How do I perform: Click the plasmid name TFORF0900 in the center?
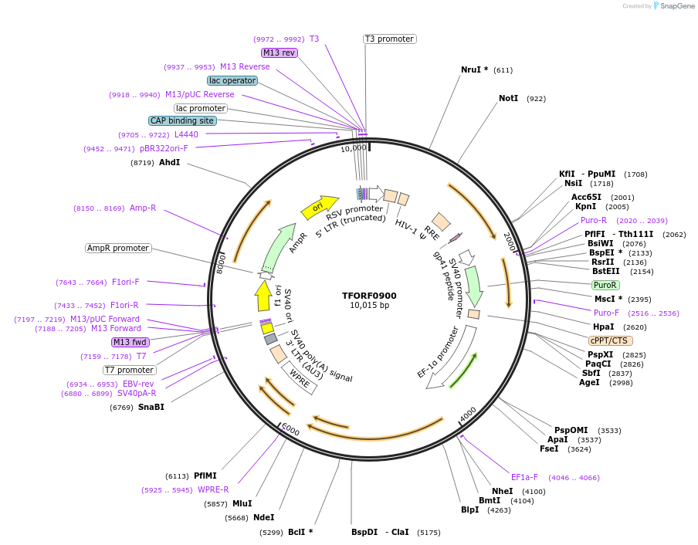point(369,296)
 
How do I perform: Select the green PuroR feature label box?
point(605,285)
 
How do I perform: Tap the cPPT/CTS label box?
point(610,340)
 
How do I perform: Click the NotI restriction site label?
point(509,99)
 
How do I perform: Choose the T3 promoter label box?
point(389,39)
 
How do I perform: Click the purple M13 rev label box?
point(279,52)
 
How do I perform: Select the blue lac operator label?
point(232,80)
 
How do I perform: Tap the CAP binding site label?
point(182,120)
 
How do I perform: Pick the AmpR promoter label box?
point(119,248)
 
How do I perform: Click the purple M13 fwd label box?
point(130,342)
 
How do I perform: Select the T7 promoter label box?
point(129,370)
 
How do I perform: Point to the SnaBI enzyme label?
point(151,407)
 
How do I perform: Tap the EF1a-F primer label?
point(524,477)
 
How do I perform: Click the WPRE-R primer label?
point(213,489)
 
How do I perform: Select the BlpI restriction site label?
point(469,509)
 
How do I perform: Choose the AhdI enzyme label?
point(169,162)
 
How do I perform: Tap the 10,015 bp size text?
point(369,306)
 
